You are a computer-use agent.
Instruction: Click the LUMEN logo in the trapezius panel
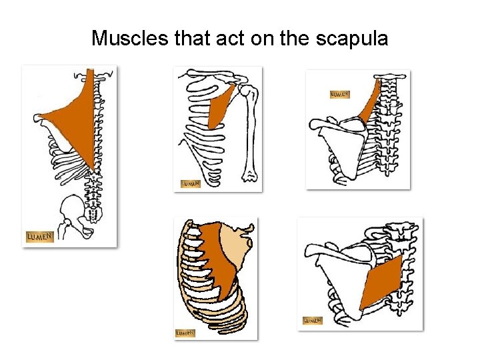39,237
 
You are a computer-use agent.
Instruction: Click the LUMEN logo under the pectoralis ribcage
191,183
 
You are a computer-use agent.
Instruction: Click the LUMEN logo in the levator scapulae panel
340,95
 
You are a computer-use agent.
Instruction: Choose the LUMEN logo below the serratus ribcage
185,332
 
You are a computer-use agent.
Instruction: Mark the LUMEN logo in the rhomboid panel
313,321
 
